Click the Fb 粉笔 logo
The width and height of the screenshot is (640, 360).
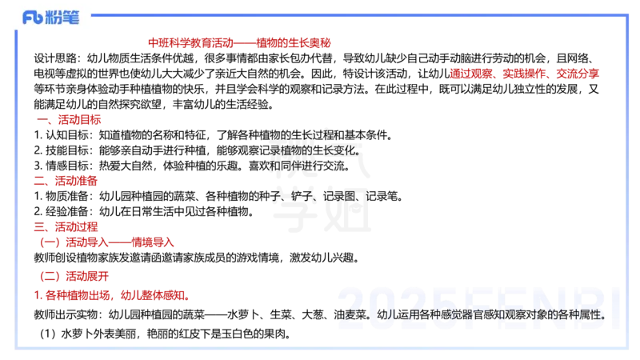coord(51,18)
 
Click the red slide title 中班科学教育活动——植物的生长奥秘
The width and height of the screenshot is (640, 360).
coord(239,43)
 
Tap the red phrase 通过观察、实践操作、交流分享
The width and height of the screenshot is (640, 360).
coord(524,74)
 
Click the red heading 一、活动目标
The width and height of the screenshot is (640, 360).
coord(69,119)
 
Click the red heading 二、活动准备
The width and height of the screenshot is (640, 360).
coord(66,181)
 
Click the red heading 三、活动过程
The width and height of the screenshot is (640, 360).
coord(66,227)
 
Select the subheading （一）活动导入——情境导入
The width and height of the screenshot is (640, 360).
coord(107,242)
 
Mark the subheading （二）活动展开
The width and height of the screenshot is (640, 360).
coord(74,276)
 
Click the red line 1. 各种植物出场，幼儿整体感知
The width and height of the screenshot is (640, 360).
coord(111,295)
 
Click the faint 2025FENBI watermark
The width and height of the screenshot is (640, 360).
coord(478,307)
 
